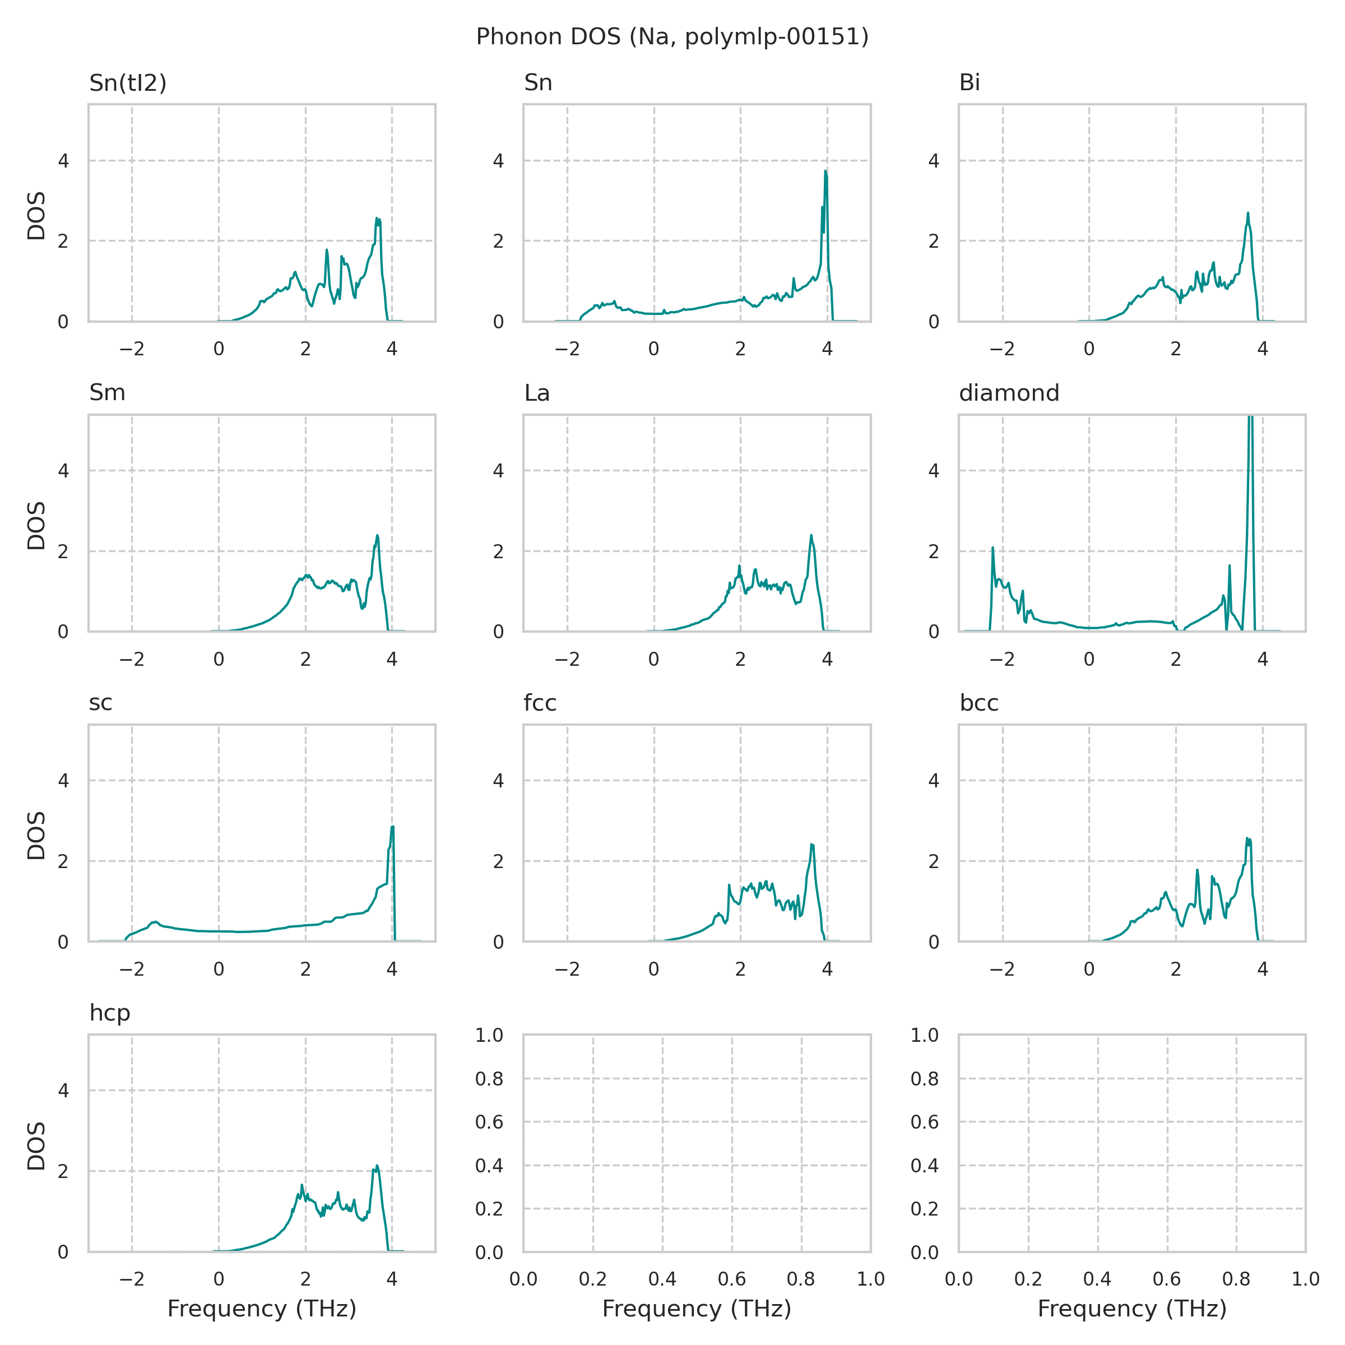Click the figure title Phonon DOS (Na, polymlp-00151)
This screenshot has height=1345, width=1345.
point(672,37)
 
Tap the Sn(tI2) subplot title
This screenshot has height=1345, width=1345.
point(128,83)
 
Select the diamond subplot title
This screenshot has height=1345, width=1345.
point(1009,393)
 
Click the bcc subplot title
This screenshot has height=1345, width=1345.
point(979,703)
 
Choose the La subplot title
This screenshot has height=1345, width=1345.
point(537,393)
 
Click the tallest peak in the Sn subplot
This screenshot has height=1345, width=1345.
point(825,171)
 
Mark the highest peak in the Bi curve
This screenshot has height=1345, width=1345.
point(1247,213)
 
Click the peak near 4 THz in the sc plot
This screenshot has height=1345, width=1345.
point(393,827)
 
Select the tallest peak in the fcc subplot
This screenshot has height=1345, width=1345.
point(811,845)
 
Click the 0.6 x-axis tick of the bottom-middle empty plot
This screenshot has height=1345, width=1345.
point(732,1279)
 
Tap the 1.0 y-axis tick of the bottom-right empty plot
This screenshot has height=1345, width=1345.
point(925,1036)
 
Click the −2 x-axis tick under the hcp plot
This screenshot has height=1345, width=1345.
point(132,1279)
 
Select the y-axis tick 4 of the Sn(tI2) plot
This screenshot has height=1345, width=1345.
point(64,161)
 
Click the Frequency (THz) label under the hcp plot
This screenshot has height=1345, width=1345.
point(262,1309)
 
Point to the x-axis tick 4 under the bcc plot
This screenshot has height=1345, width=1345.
point(1262,969)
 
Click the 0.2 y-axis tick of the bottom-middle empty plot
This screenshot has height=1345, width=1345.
point(489,1209)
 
